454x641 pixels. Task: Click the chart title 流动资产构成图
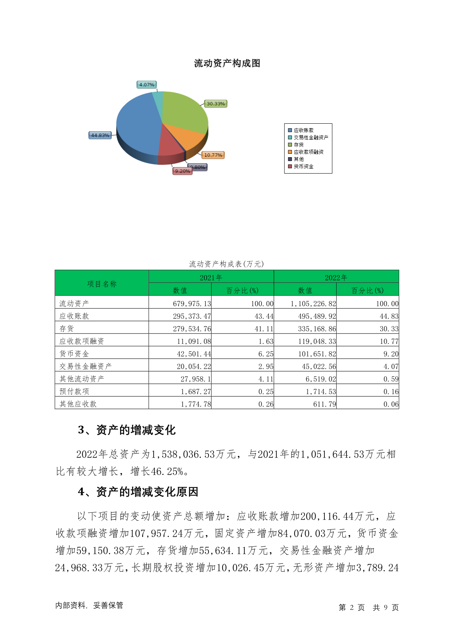click(227, 63)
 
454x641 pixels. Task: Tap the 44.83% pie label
click(100, 136)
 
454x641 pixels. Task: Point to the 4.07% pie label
click(146, 85)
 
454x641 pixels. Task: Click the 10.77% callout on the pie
click(213, 155)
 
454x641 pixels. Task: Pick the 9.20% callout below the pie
click(183, 171)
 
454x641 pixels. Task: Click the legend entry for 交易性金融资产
click(311, 137)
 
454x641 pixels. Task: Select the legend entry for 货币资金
click(303, 166)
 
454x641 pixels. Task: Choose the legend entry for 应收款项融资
click(308, 152)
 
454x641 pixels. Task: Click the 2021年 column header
click(211, 277)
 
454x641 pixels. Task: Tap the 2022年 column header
click(336, 277)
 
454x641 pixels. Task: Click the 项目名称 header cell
click(101, 284)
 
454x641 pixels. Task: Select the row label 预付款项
click(74, 391)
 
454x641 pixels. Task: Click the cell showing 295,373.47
click(192, 316)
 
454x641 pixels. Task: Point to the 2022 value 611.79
click(324, 404)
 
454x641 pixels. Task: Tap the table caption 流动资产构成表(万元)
click(226, 264)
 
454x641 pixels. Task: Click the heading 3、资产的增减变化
click(127, 430)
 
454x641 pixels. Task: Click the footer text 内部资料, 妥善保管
click(89, 606)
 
